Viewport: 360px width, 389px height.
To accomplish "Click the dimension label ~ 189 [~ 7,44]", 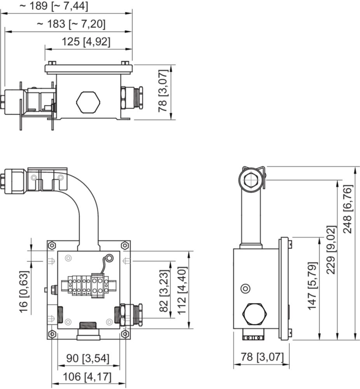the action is coord(54,6).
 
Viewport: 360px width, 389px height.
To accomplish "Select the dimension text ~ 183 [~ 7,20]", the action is coord(71,24).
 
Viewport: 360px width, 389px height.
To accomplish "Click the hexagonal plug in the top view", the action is coord(88,102).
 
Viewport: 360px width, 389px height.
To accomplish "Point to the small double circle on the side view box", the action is coord(245,289).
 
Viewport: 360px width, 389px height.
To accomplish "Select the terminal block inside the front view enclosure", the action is coord(89,285).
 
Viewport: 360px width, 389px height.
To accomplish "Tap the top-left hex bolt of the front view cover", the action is coord(52,245).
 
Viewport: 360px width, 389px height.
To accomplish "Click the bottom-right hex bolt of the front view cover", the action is coord(125,334).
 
